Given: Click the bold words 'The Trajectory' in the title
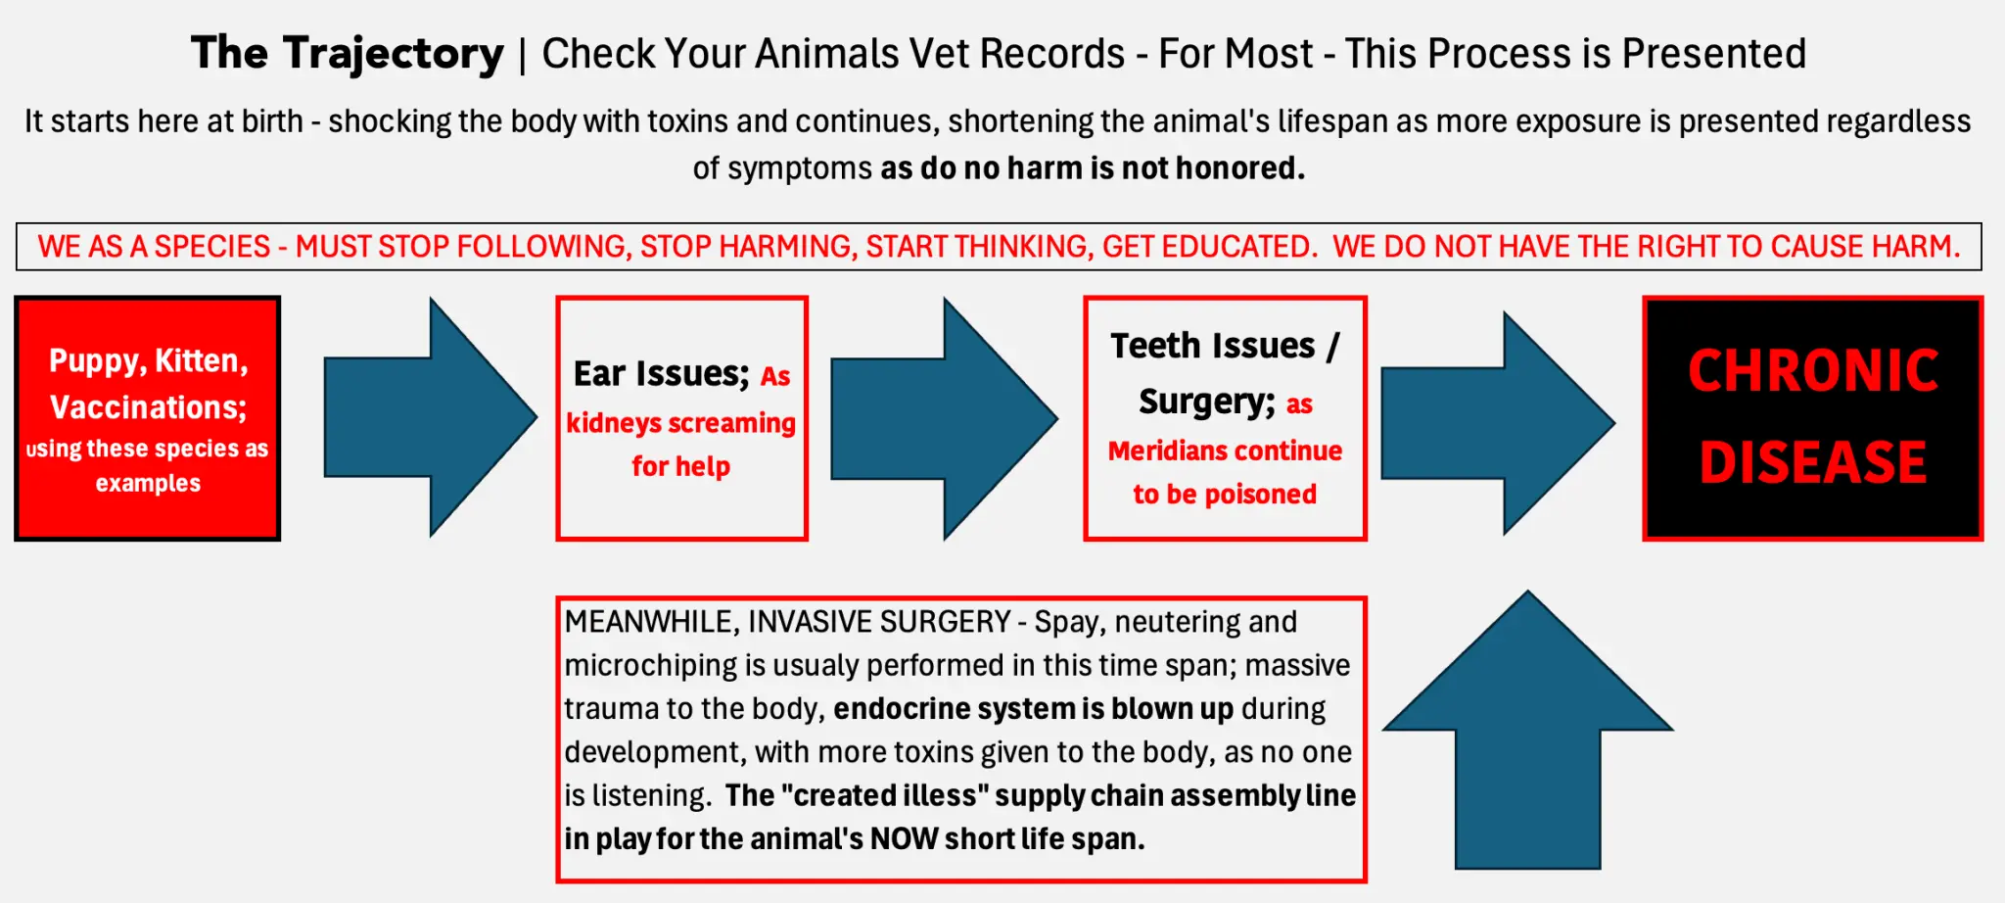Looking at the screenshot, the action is (x=348, y=53).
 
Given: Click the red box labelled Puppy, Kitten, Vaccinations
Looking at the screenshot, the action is (x=148, y=418).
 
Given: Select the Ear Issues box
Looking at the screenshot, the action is (x=681, y=418).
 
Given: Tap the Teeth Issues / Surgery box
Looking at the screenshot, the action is (x=1225, y=418).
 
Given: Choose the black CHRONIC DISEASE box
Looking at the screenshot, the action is (x=1813, y=418).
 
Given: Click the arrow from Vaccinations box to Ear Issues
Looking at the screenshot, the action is (x=431, y=417).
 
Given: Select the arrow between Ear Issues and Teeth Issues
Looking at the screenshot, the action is (x=944, y=418).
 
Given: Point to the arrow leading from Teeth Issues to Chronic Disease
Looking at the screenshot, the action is (x=1498, y=423).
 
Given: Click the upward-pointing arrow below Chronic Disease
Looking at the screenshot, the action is (x=1528, y=730).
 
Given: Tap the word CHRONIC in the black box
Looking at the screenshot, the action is (x=1813, y=370).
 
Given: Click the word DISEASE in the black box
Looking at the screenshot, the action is (x=1813, y=462).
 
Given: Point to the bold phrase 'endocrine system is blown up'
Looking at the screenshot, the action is (x=1034, y=708).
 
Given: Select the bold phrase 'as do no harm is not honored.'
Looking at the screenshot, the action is (x=1093, y=168).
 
